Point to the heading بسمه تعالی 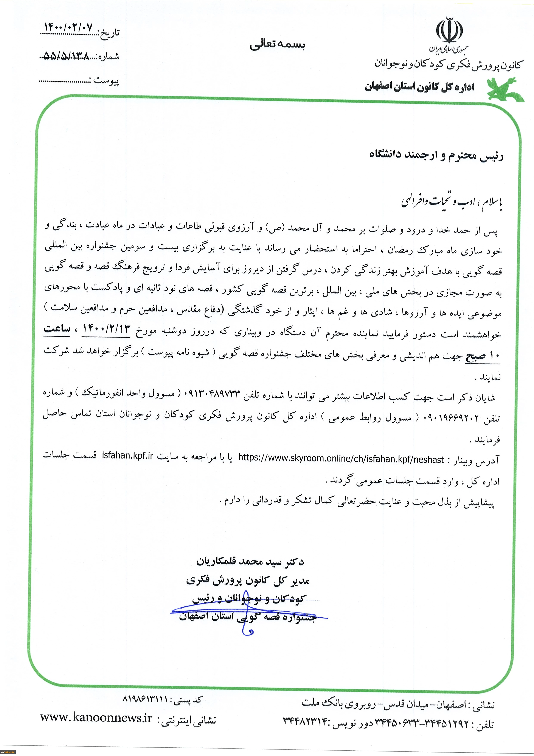point(277,44)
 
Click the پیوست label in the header point(106,80)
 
